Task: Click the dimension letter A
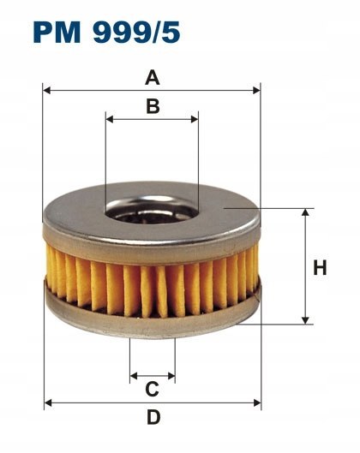(x=153, y=78)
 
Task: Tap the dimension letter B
(x=153, y=106)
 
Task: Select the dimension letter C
(x=152, y=389)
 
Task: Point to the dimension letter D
(x=153, y=418)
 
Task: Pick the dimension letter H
(x=320, y=267)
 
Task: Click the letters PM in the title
(x=57, y=32)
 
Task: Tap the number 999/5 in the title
(x=136, y=32)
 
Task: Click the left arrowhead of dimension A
(x=46, y=91)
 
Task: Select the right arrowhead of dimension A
(x=256, y=91)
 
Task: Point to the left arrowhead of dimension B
(x=110, y=119)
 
